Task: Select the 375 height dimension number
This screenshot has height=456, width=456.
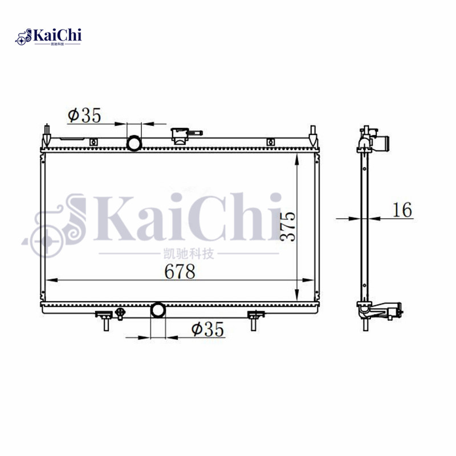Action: tap(288, 227)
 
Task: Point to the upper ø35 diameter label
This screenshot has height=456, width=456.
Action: tap(84, 116)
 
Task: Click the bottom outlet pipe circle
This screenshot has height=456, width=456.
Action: tap(157, 311)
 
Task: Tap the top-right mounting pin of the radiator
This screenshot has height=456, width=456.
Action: tap(312, 135)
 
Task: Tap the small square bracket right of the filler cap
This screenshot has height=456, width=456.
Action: tap(271, 141)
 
